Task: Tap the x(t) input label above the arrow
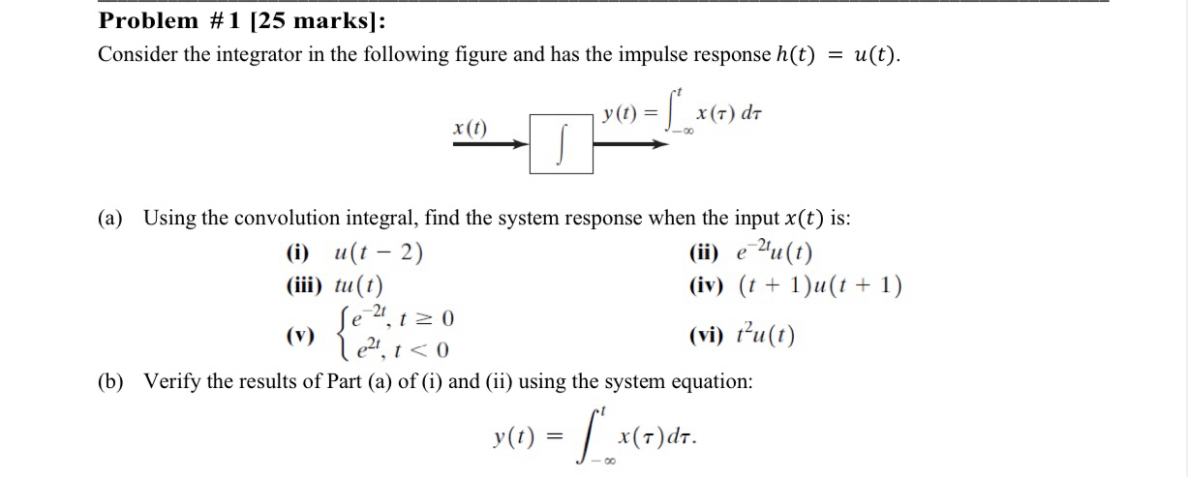471,127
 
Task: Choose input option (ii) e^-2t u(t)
751,255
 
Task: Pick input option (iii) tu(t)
334,286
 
